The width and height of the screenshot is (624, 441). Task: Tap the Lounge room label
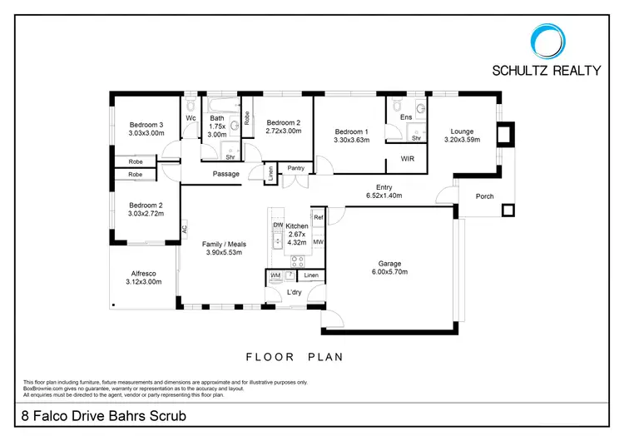click(462, 131)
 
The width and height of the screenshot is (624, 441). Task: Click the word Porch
click(484, 197)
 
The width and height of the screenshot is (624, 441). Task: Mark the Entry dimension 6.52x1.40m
click(384, 196)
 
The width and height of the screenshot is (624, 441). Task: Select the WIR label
click(408, 157)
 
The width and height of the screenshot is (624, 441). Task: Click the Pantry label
click(295, 168)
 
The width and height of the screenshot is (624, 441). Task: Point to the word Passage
click(225, 174)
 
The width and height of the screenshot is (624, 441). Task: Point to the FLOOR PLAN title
click(294, 357)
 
